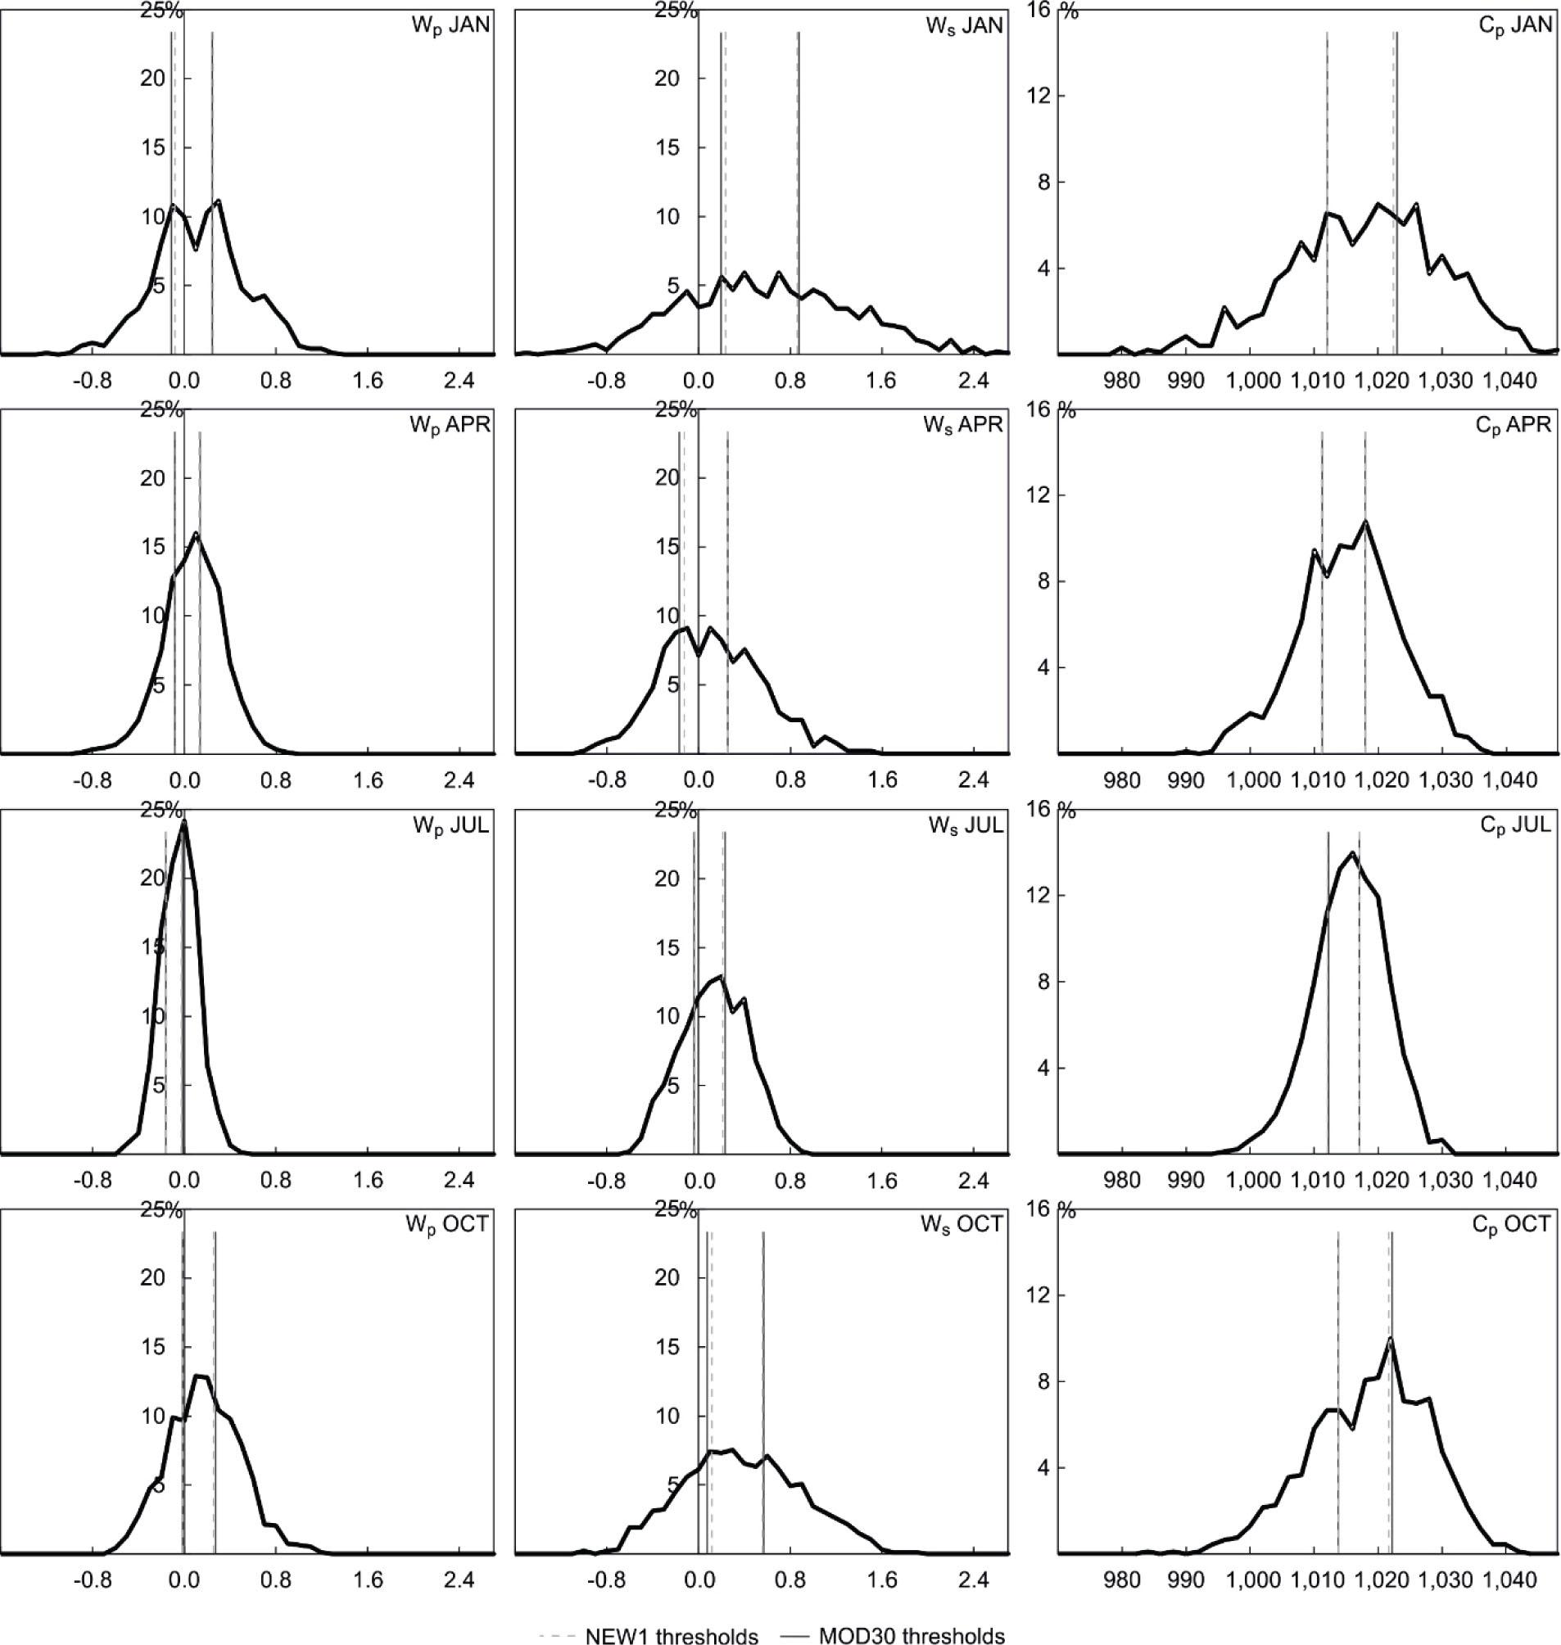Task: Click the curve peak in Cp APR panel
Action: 1365,522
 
